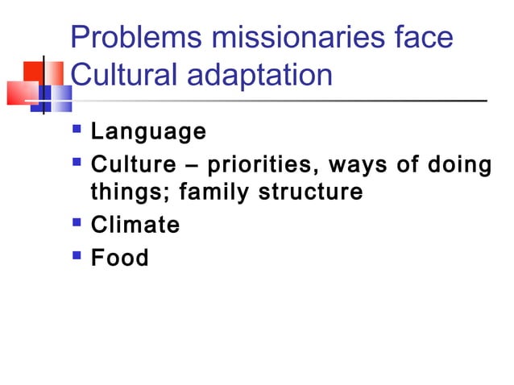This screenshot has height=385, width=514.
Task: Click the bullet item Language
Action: [x=148, y=131]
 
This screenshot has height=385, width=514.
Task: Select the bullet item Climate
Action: [x=135, y=226]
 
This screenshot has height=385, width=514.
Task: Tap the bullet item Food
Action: [x=120, y=259]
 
